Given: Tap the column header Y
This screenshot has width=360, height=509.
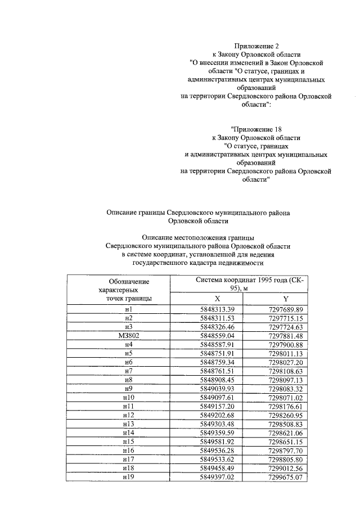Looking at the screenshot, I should point(285,299).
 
